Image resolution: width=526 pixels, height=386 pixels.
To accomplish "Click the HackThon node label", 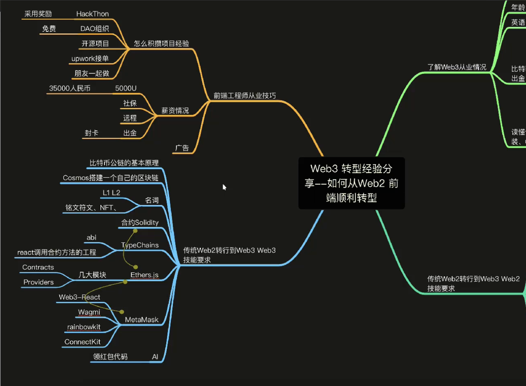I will [93, 14].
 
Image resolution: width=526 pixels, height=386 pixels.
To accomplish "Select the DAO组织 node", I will [95, 29].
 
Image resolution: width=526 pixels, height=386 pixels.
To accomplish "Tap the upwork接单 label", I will [90, 59].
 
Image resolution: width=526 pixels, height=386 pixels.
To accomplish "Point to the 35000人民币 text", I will [70, 88].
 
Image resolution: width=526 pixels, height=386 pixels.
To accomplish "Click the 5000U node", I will [126, 88].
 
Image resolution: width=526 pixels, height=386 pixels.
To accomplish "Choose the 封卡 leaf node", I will [91, 133].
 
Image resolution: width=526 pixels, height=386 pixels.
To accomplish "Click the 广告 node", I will [182, 148].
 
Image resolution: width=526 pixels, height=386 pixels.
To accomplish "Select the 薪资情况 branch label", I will [175, 111].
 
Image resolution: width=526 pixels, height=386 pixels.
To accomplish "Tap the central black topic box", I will [351, 183].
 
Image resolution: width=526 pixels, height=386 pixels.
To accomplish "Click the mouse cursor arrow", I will [224, 187].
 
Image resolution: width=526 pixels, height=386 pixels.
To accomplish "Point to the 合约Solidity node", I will [140, 223].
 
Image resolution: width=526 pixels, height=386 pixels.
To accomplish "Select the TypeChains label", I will [140, 245].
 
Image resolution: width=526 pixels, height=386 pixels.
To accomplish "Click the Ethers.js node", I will [144, 275].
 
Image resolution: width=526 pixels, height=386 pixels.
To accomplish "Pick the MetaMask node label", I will [142, 320].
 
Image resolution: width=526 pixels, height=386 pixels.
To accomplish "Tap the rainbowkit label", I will [84, 327].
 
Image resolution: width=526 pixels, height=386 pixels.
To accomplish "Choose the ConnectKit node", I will [82, 342].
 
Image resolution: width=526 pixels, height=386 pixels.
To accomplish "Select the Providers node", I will [39, 282].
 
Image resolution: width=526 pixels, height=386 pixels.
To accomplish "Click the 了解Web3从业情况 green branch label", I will [457, 67].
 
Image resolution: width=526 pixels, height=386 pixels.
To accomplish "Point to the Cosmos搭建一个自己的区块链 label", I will [110, 178].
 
